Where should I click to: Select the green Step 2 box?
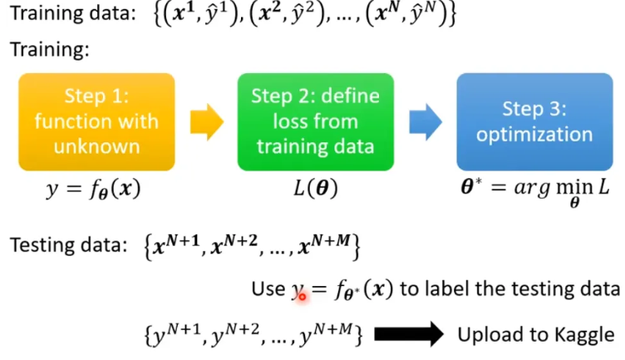click(x=315, y=121)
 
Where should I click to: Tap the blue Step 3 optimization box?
click(x=535, y=121)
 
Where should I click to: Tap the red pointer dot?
click(x=302, y=294)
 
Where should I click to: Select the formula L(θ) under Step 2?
click(x=310, y=190)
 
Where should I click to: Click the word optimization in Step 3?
click(x=535, y=135)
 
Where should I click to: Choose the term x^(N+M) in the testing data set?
click(x=327, y=246)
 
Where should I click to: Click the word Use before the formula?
click(x=268, y=288)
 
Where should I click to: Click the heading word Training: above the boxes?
click(x=48, y=50)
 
